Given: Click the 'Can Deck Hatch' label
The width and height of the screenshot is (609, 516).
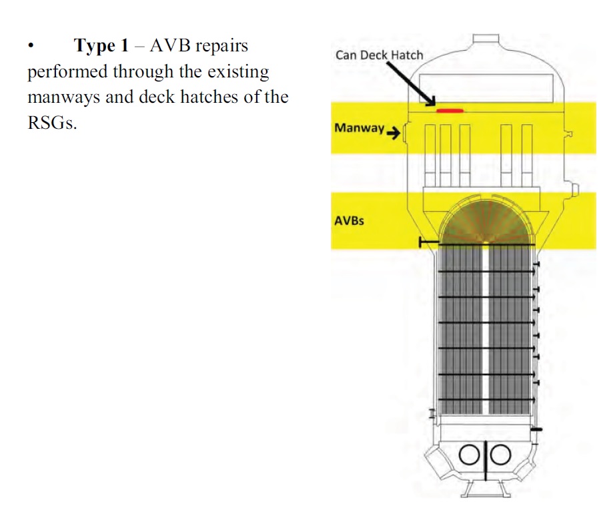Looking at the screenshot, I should tap(379, 55).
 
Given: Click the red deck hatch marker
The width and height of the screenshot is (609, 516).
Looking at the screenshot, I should tap(450, 109).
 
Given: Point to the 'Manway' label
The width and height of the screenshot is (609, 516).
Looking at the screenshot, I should tap(359, 127).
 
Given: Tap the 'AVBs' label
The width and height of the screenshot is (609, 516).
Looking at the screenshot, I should tap(349, 220).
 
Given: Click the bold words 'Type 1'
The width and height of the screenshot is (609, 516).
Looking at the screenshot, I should tap(100, 46).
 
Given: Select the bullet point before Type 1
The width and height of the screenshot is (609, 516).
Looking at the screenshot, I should tap(30, 47).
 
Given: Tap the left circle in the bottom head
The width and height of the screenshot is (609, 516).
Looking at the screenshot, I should tap(470, 455).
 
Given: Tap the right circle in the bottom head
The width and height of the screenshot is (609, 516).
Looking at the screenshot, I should tap(500, 455).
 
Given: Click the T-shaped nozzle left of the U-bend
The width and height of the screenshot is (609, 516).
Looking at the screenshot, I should tap(427, 242).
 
